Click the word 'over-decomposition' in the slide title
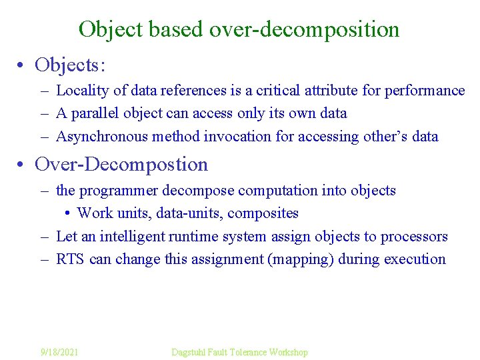point(304,29)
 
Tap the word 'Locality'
point(78,90)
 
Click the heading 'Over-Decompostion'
point(121,164)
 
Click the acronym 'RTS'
point(70,259)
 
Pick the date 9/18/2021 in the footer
point(59,351)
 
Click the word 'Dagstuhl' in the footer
point(189,351)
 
